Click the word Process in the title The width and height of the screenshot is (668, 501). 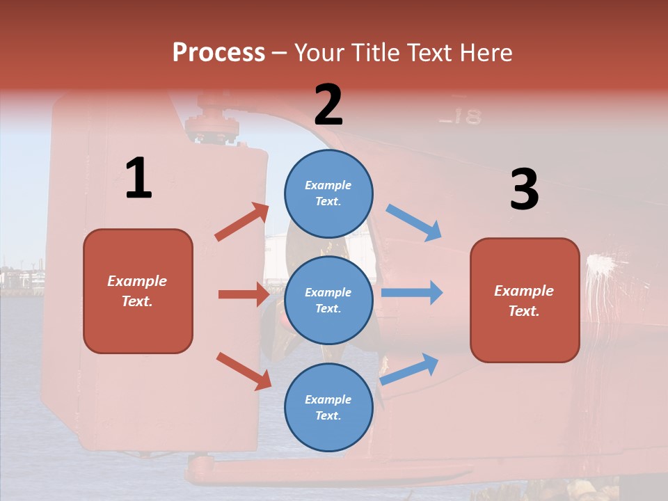218,52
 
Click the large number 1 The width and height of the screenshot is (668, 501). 138,179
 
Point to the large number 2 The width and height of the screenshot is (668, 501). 328,105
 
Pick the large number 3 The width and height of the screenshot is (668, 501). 524,190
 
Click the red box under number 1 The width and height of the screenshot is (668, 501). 138,291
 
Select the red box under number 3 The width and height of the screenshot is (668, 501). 525,300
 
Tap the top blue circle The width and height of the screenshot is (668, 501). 328,193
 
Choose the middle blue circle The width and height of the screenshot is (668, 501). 328,300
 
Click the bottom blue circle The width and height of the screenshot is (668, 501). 328,407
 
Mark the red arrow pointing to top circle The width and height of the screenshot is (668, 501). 242,222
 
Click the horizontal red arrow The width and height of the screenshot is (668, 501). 244,294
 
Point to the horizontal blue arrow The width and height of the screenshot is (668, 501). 412,293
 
